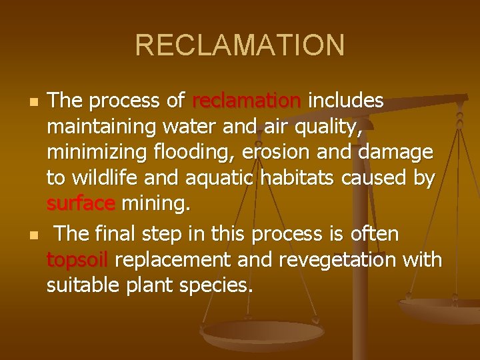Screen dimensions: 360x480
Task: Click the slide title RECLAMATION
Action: tap(240, 45)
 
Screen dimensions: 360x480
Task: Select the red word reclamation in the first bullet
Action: tap(247, 101)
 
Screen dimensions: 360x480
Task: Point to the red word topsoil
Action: tap(78, 259)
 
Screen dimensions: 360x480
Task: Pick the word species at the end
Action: tap(217, 285)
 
